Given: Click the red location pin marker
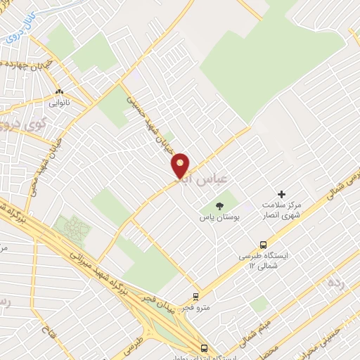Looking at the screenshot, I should [181, 165].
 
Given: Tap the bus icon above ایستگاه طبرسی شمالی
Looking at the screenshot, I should [263, 245].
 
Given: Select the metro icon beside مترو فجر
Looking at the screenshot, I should [196, 297].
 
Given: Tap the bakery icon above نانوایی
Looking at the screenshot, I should [60, 92].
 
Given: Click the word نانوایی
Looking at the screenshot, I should [60, 103].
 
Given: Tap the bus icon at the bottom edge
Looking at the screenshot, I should [204, 348].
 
